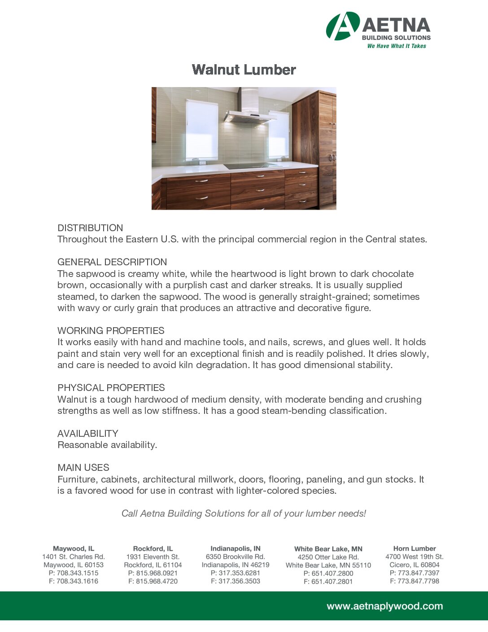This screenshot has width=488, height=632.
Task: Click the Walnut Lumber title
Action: [244, 70]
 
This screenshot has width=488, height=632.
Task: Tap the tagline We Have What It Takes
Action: [396, 46]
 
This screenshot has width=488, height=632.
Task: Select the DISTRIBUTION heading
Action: [90, 228]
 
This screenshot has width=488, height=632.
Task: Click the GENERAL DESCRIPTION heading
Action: [112, 262]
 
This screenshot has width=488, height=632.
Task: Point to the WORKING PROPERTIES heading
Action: [111, 331]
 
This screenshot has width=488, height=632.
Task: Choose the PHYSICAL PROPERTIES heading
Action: [111, 388]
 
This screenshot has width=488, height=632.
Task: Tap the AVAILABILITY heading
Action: [88, 434]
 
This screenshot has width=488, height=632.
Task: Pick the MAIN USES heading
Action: [83, 468]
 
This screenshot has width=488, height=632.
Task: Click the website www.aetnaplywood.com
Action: [384, 606]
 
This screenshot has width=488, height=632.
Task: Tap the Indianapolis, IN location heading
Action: [235, 549]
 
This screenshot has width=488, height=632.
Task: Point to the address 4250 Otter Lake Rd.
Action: [328, 557]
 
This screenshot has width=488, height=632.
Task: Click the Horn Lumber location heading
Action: [414, 549]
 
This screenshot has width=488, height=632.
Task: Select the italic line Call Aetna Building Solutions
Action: [244, 513]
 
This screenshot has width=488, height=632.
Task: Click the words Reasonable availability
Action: [107, 445]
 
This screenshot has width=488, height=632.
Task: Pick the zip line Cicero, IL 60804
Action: [414, 565]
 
